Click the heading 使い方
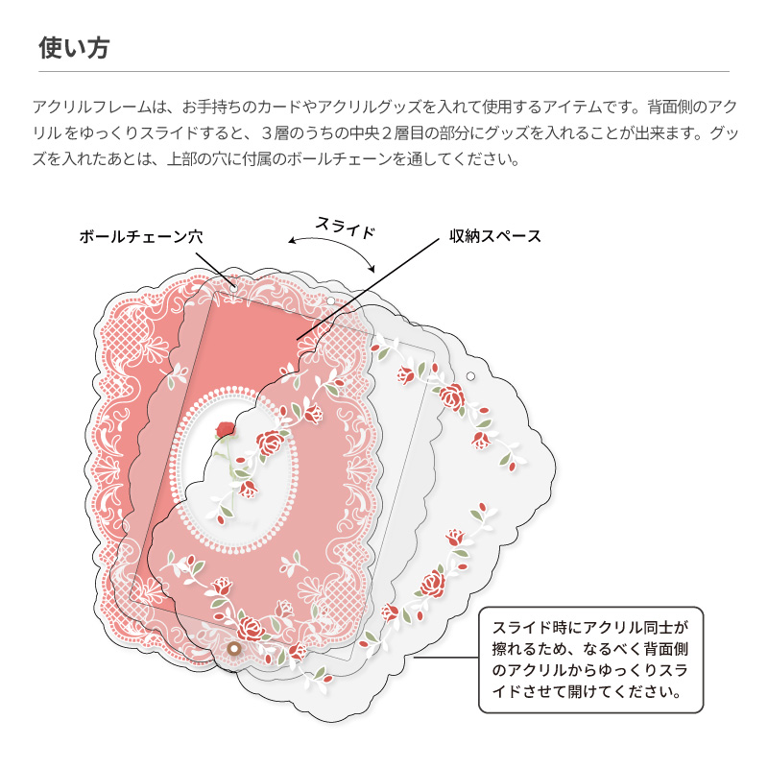[73, 48]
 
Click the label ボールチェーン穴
[141, 235]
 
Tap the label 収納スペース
[496, 235]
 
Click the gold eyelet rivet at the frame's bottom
[233, 650]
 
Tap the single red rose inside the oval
[227, 429]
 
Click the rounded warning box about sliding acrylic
[590, 660]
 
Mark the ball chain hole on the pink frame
[233, 284]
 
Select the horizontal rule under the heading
[384, 71]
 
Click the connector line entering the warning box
[446, 659]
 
